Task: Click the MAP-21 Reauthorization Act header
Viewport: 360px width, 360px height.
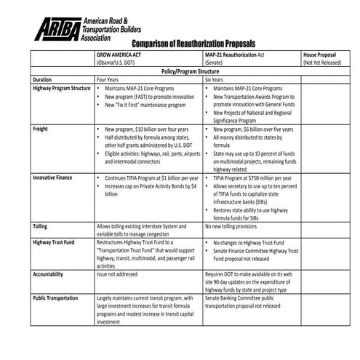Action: tap(241, 55)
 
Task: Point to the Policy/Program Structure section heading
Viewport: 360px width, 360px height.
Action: tap(196, 71)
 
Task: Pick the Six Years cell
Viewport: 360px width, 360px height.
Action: tap(217, 79)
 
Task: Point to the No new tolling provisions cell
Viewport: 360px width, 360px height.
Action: tap(234, 226)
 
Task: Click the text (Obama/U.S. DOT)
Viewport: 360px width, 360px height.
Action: tap(121, 63)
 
